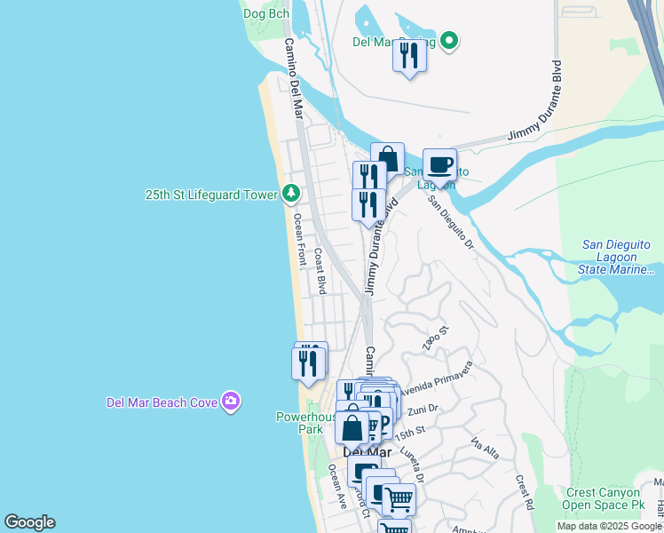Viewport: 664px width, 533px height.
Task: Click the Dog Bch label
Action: point(266,13)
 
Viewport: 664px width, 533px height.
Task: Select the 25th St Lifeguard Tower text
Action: point(212,195)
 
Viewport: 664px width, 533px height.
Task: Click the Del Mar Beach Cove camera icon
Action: point(231,402)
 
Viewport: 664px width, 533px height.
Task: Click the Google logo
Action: point(29,522)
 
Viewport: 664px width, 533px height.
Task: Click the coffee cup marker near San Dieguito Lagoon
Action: point(439,164)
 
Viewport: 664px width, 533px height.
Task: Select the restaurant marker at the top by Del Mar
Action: point(409,55)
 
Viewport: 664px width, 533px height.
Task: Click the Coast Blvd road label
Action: point(320,271)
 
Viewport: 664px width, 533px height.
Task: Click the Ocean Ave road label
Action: point(337,486)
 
